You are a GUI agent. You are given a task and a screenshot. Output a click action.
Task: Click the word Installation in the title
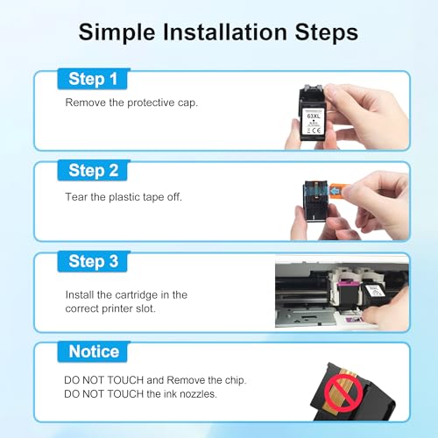coord(225,32)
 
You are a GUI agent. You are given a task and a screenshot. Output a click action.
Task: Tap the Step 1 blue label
coord(93,79)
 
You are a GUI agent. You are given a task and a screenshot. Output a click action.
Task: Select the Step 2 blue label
coord(93,170)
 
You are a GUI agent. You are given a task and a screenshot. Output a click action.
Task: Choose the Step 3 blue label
coord(93,261)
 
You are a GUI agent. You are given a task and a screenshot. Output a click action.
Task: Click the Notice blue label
coord(93,351)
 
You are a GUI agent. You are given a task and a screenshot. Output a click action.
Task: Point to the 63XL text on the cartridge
coord(314,116)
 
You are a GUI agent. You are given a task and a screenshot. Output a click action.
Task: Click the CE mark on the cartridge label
coord(316,131)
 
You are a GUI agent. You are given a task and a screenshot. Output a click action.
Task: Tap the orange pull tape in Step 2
coord(338,191)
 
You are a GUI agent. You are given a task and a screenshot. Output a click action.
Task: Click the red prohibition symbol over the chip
coord(343,392)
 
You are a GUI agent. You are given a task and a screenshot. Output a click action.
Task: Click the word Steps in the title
coord(326,32)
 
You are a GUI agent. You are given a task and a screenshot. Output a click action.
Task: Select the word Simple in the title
coord(117,32)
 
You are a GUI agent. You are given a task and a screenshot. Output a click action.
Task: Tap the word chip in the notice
coord(236,380)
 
